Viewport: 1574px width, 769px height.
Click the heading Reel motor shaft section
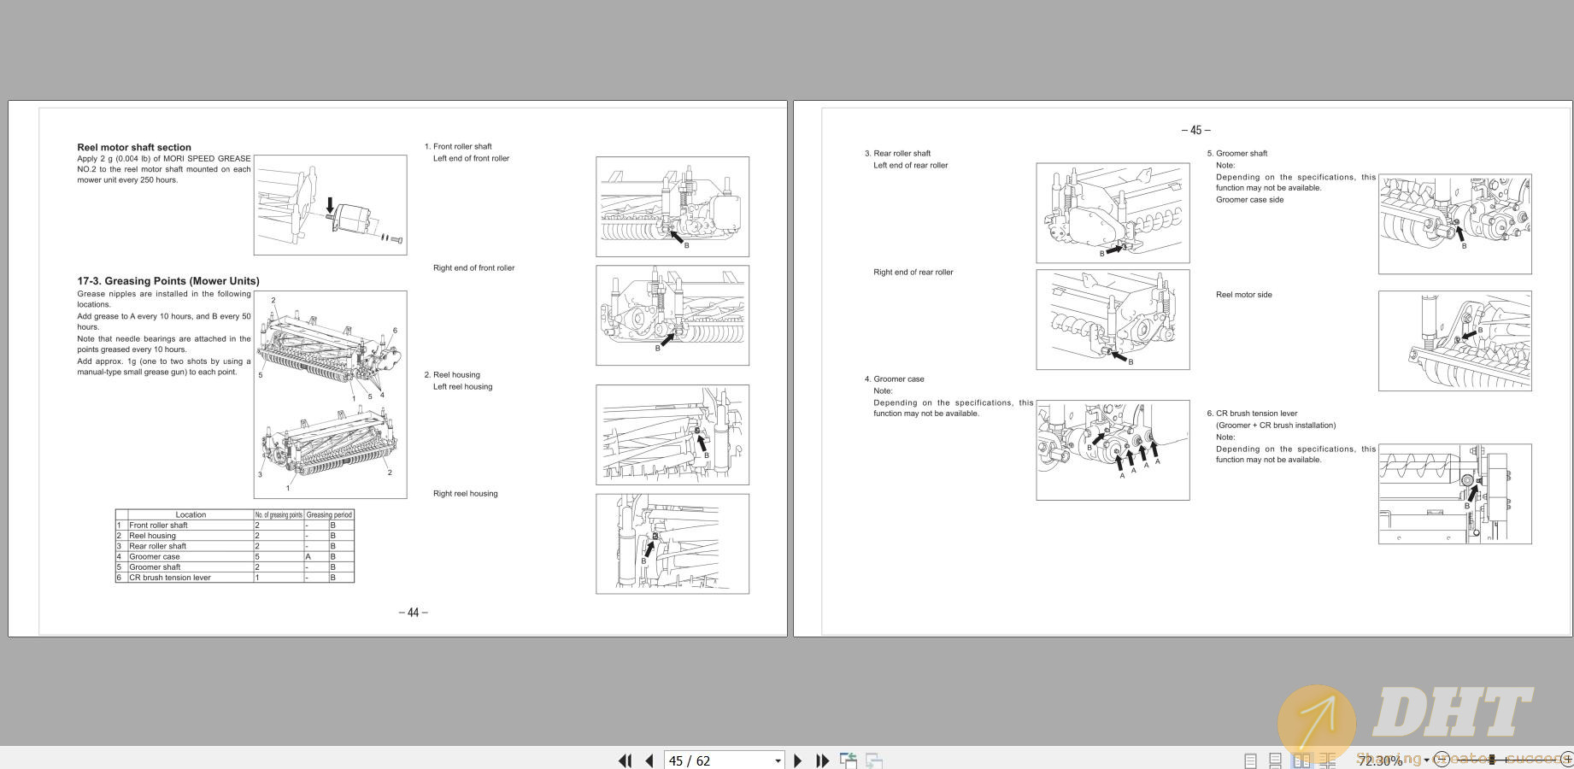(x=134, y=147)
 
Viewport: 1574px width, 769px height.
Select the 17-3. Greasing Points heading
(x=168, y=280)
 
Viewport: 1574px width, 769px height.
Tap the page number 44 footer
(x=413, y=613)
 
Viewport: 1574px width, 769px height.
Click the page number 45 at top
(x=1195, y=131)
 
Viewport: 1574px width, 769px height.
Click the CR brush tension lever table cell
(x=170, y=578)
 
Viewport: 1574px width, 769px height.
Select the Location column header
(x=191, y=514)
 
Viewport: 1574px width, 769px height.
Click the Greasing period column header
(x=329, y=514)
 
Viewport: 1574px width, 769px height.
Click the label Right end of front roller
(x=473, y=267)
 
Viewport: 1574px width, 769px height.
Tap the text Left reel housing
(x=462, y=386)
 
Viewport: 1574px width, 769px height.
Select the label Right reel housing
(x=465, y=493)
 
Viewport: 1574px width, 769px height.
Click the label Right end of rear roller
(x=913, y=272)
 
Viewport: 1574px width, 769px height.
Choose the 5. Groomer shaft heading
(x=1237, y=153)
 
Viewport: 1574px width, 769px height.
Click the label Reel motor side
(x=1243, y=295)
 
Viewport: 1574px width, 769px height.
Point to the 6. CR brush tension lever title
(x=1252, y=413)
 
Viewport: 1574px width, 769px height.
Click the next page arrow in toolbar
(x=797, y=760)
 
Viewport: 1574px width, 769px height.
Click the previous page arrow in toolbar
(x=649, y=760)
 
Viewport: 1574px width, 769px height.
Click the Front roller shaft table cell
(x=158, y=525)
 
